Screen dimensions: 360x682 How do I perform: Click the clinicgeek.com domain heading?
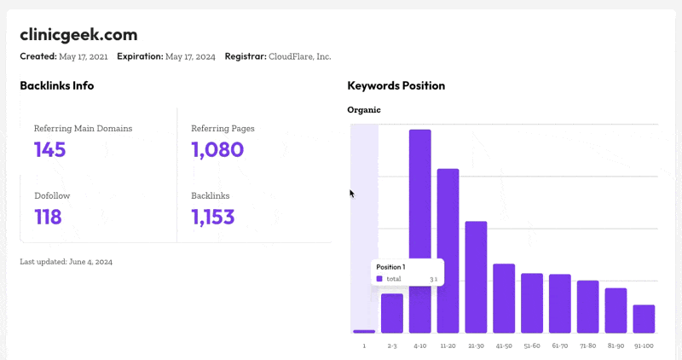click(x=78, y=35)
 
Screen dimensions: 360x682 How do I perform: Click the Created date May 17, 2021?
click(x=108, y=57)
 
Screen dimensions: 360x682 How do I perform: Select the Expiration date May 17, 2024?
click(x=190, y=57)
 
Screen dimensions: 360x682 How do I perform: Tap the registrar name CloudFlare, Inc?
click(x=299, y=57)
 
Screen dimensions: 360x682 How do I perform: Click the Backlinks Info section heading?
click(x=57, y=85)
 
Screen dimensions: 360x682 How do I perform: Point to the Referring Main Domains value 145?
click(x=50, y=150)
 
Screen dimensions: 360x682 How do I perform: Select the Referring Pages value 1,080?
click(x=217, y=150)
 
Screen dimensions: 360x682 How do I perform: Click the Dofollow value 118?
click(x=48, y=217)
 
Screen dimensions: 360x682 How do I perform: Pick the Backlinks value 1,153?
click(x=213, y=217)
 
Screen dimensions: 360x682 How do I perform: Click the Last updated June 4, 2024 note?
click(x=66, y=261)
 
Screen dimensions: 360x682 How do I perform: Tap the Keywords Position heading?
click(x=396, y=85)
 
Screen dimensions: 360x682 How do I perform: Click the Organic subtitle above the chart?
click(x=364, y=110)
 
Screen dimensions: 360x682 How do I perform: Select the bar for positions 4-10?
click(x=420, y=230)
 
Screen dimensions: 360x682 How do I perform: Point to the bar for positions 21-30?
click(x=477, y=276)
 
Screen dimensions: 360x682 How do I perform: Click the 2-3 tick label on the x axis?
click(x=392, y=345)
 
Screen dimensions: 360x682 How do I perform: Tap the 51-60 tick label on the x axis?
click(x=532, y=345)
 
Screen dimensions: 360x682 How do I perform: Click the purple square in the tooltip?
click(x=379, y=279)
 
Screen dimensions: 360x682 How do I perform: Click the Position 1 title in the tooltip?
click(x=390, y=267)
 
